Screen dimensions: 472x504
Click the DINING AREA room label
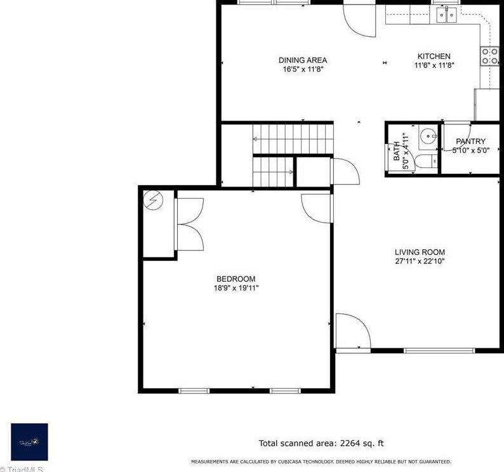[303, 60]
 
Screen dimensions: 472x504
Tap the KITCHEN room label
[434, 56]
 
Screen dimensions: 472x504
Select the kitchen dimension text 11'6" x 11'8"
[434, 65]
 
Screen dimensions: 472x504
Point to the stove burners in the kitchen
[489, 56]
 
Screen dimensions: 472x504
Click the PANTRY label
[470, 141]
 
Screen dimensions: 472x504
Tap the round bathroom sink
[428, 135]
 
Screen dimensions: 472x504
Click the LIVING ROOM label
[420, 252]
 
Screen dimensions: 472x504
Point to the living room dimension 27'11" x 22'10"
[420, 261]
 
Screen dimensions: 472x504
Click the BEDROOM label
[235, 279]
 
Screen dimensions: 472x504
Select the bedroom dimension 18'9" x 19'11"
[235, 288]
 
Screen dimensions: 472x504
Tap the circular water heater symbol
[154, 201]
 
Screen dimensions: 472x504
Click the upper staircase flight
[293, 134]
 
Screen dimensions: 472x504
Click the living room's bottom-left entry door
[352, 331]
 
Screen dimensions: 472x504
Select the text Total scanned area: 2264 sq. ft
[321, 443]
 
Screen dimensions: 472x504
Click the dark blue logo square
[29, 442]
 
